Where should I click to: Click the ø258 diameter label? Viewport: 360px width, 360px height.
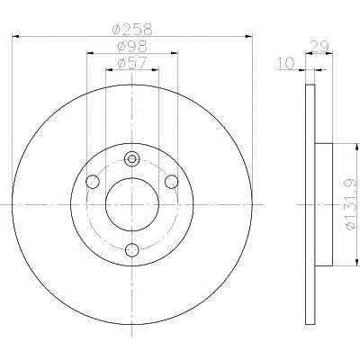(x=132, y=30)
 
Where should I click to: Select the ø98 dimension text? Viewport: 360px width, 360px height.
(x=132, y=46)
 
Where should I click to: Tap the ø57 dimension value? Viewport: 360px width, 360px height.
(x=132, y=63)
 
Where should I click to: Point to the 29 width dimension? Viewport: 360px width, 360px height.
(x=319, y=46)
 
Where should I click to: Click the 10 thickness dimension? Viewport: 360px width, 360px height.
(x=285, y=64)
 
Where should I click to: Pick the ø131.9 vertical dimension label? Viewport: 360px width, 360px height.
(x=351, y=204)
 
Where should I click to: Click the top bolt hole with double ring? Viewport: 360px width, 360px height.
(x=132, y=158)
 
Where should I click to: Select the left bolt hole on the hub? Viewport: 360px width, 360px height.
(x=93, y=182)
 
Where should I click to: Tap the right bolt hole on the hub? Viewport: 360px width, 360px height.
(x=172, y=182)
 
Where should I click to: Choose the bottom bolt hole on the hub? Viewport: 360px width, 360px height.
(x=132, y=250)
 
